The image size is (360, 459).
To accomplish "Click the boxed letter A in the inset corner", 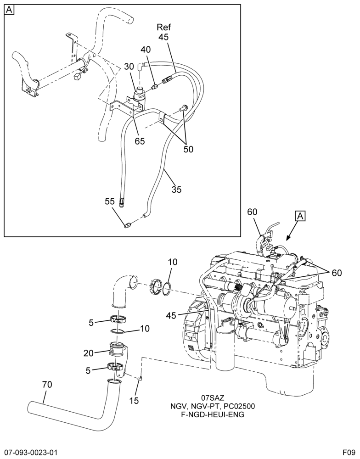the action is [x=9, y=10].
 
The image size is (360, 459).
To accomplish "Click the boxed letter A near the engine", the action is [x=300, y=216].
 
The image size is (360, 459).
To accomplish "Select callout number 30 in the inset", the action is [x=129, y=67].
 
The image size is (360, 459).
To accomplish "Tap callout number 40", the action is [x=146, y=50].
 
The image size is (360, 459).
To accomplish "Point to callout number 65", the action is [x=140, y=141].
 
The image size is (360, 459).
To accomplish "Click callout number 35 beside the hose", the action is [x=177, y=190].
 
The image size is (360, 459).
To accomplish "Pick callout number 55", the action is [x=111, y=201].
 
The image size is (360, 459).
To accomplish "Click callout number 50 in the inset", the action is [x=188, y=149].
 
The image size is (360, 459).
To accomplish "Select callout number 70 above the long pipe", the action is [x=47, y=384].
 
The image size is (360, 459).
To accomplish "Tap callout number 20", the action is [x=88, y=353].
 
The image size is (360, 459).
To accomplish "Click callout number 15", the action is [x=134, y=400].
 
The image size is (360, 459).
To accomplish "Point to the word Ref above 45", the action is [x=164, y=27].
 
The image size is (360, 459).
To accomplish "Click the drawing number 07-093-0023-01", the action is [x=29, y=451].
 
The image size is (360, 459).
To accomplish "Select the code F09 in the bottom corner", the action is [x=349, y=451].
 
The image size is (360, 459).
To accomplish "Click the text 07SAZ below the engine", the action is [x=213, y=398].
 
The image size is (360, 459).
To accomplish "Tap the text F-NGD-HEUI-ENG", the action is [x=213, y=414].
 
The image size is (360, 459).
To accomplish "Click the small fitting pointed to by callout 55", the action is [x=127, y=225].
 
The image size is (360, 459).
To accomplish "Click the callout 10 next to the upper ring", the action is [x=173, y=262].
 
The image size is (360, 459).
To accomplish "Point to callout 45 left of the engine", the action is [x=171, y=316].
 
